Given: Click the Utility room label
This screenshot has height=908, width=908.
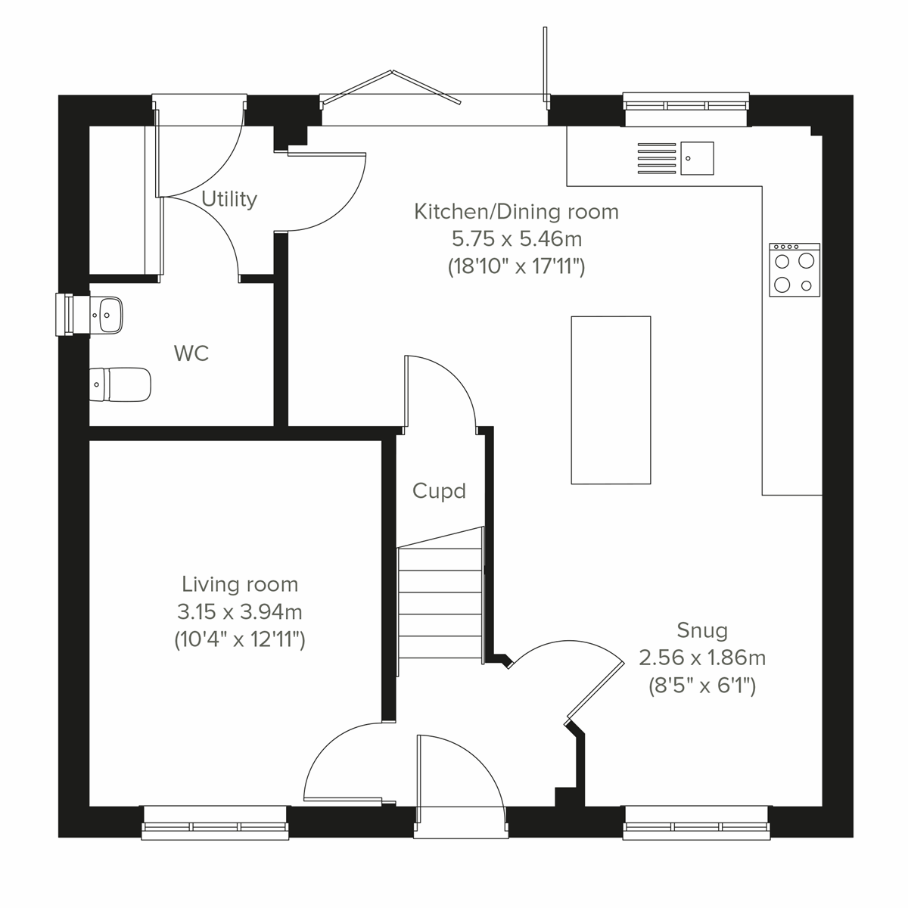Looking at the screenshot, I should (229, 199).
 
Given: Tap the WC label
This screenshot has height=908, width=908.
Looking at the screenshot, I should (191, 353).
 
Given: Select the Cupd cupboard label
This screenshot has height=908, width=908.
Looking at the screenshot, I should (439, 491).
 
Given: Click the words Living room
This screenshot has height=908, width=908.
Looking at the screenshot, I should (239, 584).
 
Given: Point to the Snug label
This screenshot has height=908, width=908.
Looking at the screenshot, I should (702, 630).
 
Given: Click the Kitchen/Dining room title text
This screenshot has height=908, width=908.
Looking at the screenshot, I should (516, 212).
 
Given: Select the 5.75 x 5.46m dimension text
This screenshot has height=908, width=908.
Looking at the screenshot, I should (516, 239).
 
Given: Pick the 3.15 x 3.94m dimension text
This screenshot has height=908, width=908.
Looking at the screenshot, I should (239, 611).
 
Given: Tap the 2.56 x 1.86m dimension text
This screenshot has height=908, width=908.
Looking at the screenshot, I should (702, 658).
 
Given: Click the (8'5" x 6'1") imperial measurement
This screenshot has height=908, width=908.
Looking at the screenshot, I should (702, 686).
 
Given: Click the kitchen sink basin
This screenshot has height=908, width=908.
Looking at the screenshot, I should (697, 158).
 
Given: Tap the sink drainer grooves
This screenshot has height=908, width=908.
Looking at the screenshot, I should (656, 158).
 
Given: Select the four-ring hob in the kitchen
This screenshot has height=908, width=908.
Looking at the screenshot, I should (794, 269).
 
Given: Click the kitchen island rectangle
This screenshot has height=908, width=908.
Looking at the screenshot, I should (611, 400).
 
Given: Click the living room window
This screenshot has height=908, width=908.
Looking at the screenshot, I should (215, 822).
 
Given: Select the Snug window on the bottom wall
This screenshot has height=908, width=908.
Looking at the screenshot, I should (696, 822).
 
